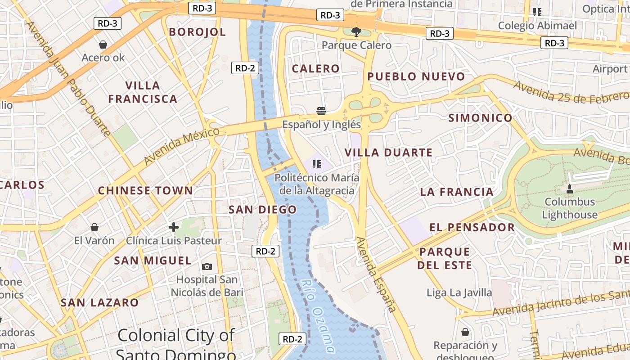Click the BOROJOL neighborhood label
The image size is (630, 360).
pos(197,31)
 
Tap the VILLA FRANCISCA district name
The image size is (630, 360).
pos(143,92)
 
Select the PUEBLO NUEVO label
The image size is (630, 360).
pos(416,76)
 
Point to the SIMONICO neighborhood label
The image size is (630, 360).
pos(480,118)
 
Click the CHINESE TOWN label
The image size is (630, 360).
pos(145,190)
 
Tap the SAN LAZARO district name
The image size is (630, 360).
pos(99,302)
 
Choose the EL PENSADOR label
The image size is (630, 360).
pos(472,227)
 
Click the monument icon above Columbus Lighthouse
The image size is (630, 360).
pos(569,189)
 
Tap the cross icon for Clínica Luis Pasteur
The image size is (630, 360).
pos(174,227)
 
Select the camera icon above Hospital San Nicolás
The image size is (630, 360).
pos(207,266)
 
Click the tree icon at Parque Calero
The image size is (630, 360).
pos(356,31)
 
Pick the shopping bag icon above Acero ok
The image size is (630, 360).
pos(103,45)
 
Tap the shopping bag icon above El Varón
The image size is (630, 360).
pos(94,227)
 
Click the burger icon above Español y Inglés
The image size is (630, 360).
pos(321,111)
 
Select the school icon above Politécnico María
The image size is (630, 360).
pos(316,164)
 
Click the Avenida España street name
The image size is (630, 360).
pos(377,274)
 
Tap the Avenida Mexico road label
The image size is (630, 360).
pos(182,146)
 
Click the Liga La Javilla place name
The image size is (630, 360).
pos(459,293)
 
